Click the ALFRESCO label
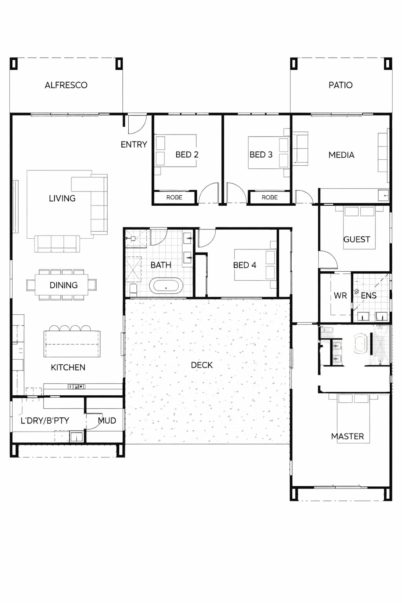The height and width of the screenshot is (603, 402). (66, 85)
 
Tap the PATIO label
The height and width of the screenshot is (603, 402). (341, 85)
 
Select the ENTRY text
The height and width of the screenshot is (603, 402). (134, 144)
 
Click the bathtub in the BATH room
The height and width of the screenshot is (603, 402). (166, 286)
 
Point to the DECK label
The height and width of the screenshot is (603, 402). (202, 365)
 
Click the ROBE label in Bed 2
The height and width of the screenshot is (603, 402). (174, 197)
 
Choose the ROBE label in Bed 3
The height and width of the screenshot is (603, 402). (270, 197)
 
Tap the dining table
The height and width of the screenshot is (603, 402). (61, 285)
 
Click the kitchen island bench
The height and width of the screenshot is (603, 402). (72, 344)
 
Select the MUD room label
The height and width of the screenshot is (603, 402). (107, 421)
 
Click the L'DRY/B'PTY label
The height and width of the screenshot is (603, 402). (45, 421)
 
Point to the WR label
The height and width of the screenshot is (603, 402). (340, 295)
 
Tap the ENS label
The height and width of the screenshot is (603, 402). (369, 295)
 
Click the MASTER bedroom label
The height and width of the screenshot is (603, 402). (347, 436)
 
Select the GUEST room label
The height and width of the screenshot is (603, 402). (357, 239)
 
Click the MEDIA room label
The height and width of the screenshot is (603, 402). (341, 155)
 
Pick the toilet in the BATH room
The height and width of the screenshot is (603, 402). (133, 290)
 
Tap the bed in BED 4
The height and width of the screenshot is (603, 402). (255, 265)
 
